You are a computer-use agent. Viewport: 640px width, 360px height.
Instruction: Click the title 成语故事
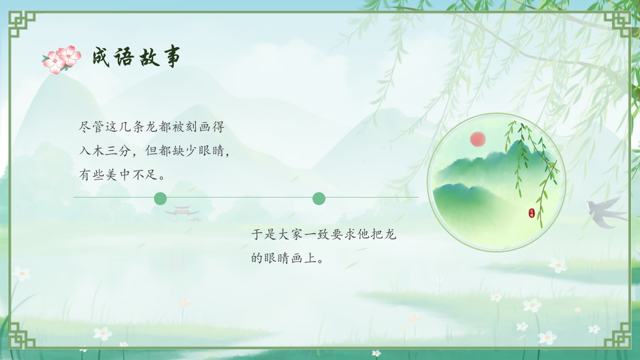[x=136, y=57]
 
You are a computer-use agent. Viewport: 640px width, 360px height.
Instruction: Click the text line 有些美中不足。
[x=123, y=175]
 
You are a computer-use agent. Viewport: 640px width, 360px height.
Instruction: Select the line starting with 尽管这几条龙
[x=152, y=127]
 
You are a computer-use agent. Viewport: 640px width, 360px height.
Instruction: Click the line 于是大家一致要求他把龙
[x=323, y=234]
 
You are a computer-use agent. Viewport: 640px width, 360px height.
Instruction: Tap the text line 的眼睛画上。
[x=287, y=258]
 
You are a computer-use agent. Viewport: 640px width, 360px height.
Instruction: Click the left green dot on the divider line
[x=160, y=198]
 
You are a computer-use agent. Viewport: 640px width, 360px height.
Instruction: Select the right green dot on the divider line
[x=319, y=198]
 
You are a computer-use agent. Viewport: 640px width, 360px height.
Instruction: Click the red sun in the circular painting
[x=478, y=139]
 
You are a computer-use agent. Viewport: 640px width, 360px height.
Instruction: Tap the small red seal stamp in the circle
[x=531, y=213]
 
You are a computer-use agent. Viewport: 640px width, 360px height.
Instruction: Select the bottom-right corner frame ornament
[x=617, y=335]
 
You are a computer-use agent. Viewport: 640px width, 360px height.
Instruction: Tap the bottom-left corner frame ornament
[x=22, y=335]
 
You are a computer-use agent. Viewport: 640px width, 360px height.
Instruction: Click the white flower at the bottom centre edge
[x=376, y=353]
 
